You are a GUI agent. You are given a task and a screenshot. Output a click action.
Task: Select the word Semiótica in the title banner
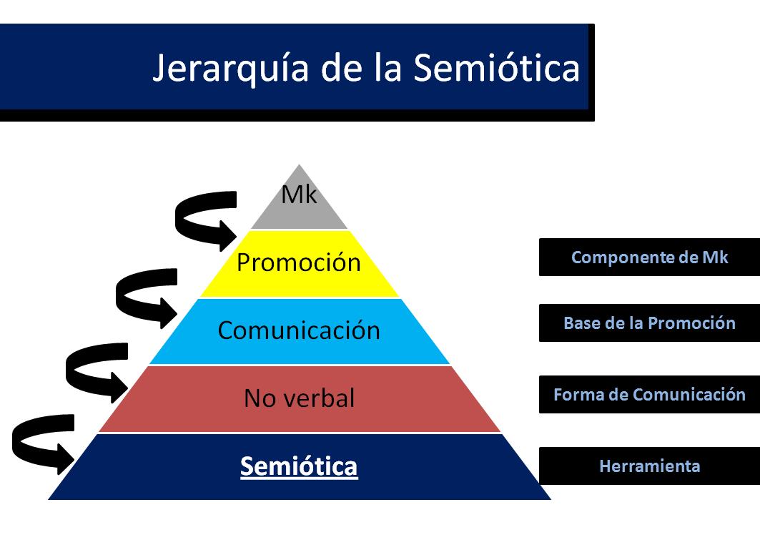point(497,68)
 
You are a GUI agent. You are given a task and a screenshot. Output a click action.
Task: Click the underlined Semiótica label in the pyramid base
point(299,466)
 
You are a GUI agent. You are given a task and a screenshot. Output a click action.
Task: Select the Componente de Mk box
point(649,257)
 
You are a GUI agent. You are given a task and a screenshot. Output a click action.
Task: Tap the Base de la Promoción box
point(649,323)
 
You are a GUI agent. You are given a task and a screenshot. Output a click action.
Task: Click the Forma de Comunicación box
point(649,394)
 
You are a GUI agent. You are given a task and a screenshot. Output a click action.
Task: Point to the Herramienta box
point(649,466)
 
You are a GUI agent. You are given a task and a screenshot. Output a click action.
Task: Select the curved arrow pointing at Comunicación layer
point(147,294)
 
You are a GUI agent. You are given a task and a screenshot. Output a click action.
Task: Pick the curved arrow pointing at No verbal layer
point(96,368)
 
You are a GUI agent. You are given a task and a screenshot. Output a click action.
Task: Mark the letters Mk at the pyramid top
point(299,195)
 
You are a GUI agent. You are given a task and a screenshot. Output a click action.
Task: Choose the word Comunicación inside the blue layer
point(299,331)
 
